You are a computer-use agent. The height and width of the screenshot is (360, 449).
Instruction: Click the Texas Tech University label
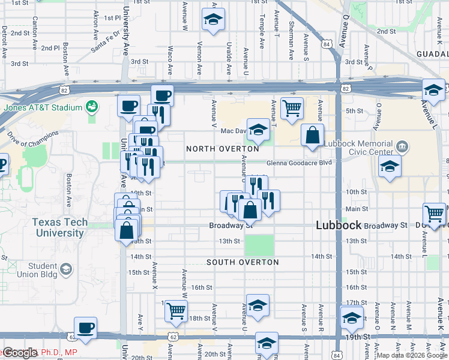(59, 227)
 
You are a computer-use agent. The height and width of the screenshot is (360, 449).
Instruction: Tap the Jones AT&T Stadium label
(42, 108)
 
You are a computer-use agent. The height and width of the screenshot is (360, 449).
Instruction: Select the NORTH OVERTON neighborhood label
(222, 149)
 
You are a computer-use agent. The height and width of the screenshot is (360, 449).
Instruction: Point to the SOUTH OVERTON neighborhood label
(243, 262)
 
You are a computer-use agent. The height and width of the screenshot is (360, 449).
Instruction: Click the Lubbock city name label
(339, 226)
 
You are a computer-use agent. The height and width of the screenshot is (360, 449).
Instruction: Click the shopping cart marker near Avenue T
(292, 109)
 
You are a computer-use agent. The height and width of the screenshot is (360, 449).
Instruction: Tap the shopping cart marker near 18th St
(176, 310)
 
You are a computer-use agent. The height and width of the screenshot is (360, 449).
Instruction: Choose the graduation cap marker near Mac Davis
(258, 129)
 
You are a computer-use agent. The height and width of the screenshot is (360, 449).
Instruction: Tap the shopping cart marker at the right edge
(434, 213)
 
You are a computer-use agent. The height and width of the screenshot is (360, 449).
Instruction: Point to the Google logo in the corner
(19, 353)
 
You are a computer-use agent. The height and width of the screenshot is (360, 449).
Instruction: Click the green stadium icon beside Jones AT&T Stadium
(92, 107)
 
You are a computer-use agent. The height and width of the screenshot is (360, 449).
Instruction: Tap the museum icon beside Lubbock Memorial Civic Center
(402, 146)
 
